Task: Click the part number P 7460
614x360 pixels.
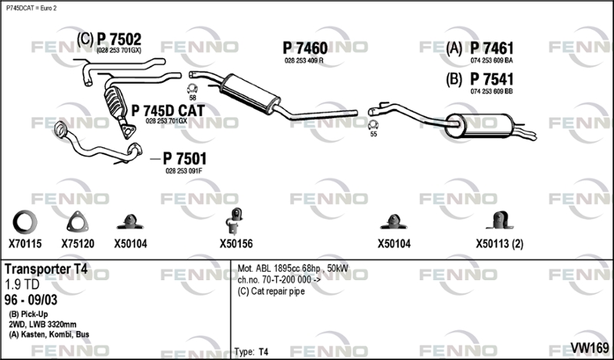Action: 305,48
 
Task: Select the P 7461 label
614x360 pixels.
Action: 491,48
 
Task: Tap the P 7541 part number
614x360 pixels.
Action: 491,79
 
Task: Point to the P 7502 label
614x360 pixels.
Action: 119,39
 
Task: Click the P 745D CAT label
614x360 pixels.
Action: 167,111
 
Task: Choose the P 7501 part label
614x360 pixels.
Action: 184,159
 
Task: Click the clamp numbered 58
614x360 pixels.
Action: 193,88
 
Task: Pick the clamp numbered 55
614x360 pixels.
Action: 374,125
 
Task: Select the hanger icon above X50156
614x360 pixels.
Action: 235,222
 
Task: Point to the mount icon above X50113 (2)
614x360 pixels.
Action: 500,220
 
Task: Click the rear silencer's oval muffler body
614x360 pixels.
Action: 478,125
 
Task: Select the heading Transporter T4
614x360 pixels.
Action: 46,269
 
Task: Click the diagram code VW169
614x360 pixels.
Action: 589,348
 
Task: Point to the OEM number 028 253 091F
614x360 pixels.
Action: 183,171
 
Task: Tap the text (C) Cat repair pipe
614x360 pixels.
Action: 271,292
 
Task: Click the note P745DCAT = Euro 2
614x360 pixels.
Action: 31,8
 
